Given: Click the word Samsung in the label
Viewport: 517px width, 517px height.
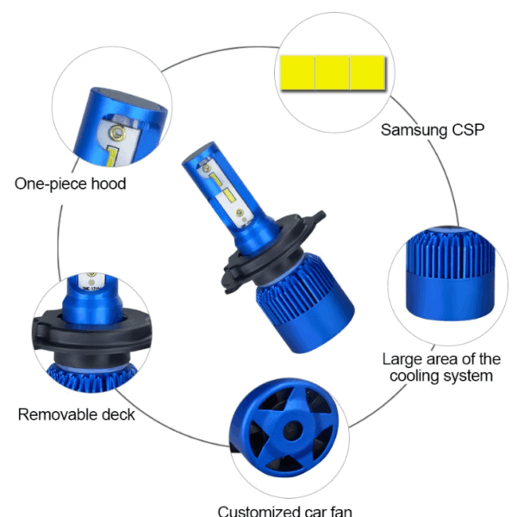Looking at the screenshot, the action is click(x=414, y=131).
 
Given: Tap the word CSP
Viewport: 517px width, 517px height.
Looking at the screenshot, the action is click(x=468, y=129).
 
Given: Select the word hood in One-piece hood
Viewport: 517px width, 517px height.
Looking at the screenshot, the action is click(x=109, y=184).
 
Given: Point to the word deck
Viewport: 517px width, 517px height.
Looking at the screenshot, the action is click(x=118, y=414).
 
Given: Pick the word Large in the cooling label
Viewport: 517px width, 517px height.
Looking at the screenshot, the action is click(x=402, y=360).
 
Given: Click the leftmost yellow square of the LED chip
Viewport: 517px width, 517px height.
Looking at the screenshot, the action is click(x=297, y=72).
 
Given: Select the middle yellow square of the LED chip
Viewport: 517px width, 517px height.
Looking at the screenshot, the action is click(x=332, y=72).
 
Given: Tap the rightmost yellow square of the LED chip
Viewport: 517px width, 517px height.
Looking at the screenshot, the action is click(x=367, y=72).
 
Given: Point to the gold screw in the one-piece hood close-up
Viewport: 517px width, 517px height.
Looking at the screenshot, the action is click(x=117, y=133).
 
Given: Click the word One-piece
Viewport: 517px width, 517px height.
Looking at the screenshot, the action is click(x=51, y=184).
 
